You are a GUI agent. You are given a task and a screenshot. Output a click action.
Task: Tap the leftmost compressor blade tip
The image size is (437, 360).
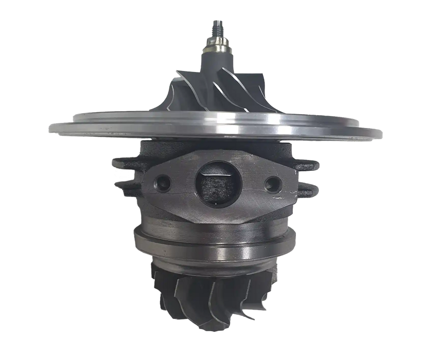coord(176,75)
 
